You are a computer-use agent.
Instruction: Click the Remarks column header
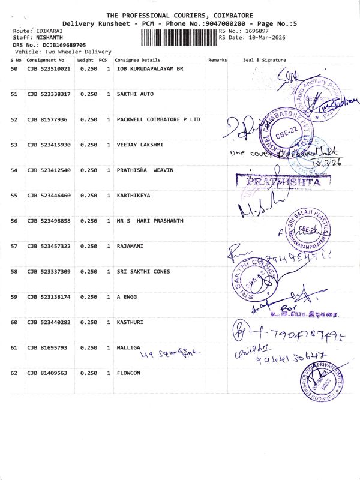[x=217, y=60]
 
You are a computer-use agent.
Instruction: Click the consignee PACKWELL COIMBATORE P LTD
[x=158, y=120]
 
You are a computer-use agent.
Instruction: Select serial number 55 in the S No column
[x=14, y=196]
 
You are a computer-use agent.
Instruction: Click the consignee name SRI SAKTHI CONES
[x=143, y=272]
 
